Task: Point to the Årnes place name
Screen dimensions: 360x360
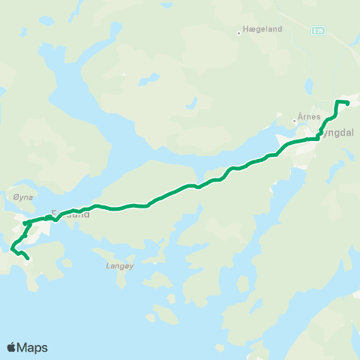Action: (309, 117)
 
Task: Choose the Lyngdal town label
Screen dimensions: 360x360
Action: (333, 132)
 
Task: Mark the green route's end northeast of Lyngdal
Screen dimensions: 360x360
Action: (348, 103)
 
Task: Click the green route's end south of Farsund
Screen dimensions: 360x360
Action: (28, 258)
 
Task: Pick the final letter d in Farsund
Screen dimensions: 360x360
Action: (87, 214)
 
